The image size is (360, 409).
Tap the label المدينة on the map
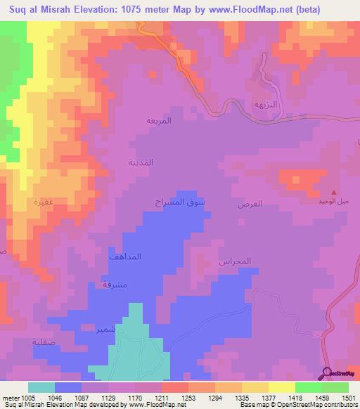pos(140,162)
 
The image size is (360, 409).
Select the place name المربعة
pos(159,120)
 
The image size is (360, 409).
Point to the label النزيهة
pos(267,103)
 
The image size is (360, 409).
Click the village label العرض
pos(250,204)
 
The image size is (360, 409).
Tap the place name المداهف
pos(125,257)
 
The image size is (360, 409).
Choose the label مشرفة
pos(114,284)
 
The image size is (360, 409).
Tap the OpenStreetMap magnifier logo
pos(328,373)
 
